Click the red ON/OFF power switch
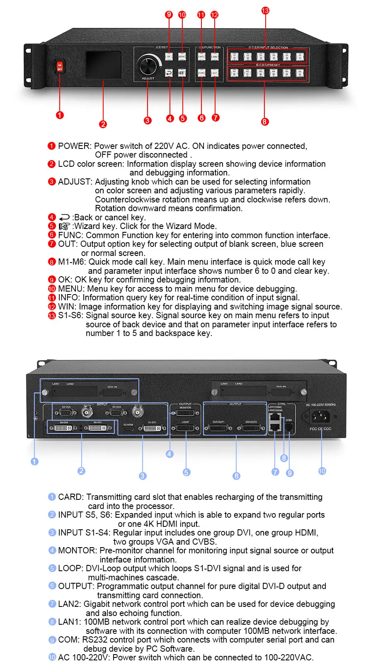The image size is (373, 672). click(60, 66)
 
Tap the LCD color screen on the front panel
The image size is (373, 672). click(104, 65)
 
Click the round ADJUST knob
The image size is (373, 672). click(148, 66)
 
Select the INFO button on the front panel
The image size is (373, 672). click(201, 56)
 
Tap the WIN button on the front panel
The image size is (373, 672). click(215, 56)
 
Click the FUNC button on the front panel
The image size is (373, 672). click(201, 73)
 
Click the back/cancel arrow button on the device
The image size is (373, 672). click(169, 73)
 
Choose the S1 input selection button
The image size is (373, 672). click(234, 56)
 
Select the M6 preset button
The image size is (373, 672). click(300, 73)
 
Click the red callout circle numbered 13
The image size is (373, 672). click(265, 10)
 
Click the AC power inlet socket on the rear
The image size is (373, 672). click(320, 416)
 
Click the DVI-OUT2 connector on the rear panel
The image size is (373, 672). click(251, 428)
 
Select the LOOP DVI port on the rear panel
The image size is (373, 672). click(185, 428)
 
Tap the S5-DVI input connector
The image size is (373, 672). click(63, 428)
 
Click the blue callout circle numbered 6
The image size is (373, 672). click(236, 476)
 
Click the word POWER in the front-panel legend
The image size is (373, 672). click(74, 146)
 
